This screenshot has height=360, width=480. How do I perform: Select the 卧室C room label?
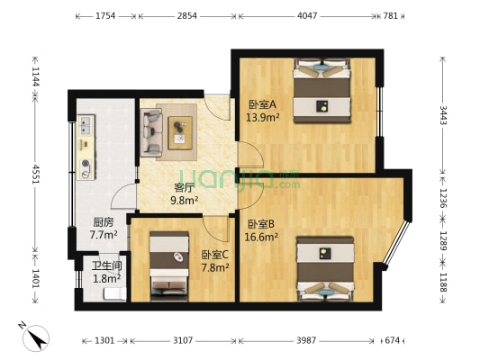pyautogui.click(x=214, y=255)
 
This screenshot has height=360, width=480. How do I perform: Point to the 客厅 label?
pyautogui.click(x=185, y=188)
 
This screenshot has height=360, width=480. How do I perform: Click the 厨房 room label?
pyautogui.click(x=103, y=222)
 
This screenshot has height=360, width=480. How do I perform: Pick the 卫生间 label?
pyautogui.click(x=104, y=265)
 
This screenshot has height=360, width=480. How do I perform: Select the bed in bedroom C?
pyautogui.click(x=169, y=263)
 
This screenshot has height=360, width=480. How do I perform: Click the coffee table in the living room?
pyautogui.click(x=178, y=130)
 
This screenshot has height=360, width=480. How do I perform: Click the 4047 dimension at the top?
pyautogui.click(x=307, y=16)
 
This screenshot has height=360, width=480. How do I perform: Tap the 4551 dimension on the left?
pyautogui.click(x=36, y=173)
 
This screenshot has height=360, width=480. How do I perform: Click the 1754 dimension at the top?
pyautogui.click(x=105, y=16)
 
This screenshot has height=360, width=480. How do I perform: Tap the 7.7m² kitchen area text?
pyautogui.click(x=103, y=235)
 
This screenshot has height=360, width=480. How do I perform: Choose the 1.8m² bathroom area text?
pyautogui.click(x=104, y=278)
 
